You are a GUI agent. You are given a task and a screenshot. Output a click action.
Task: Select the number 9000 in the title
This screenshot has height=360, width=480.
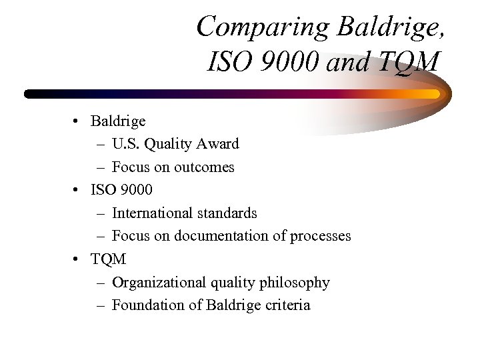coord(281,63)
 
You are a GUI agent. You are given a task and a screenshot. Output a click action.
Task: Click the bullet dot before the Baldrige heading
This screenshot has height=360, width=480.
coord(78,121)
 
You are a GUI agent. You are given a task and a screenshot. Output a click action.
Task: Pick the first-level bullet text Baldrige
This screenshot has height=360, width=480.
coord(118,121)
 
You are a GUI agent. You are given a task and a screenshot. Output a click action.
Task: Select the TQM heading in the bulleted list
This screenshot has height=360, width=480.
coord(108,259)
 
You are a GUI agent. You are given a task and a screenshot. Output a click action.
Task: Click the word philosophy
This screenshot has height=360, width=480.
coord(295,282)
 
